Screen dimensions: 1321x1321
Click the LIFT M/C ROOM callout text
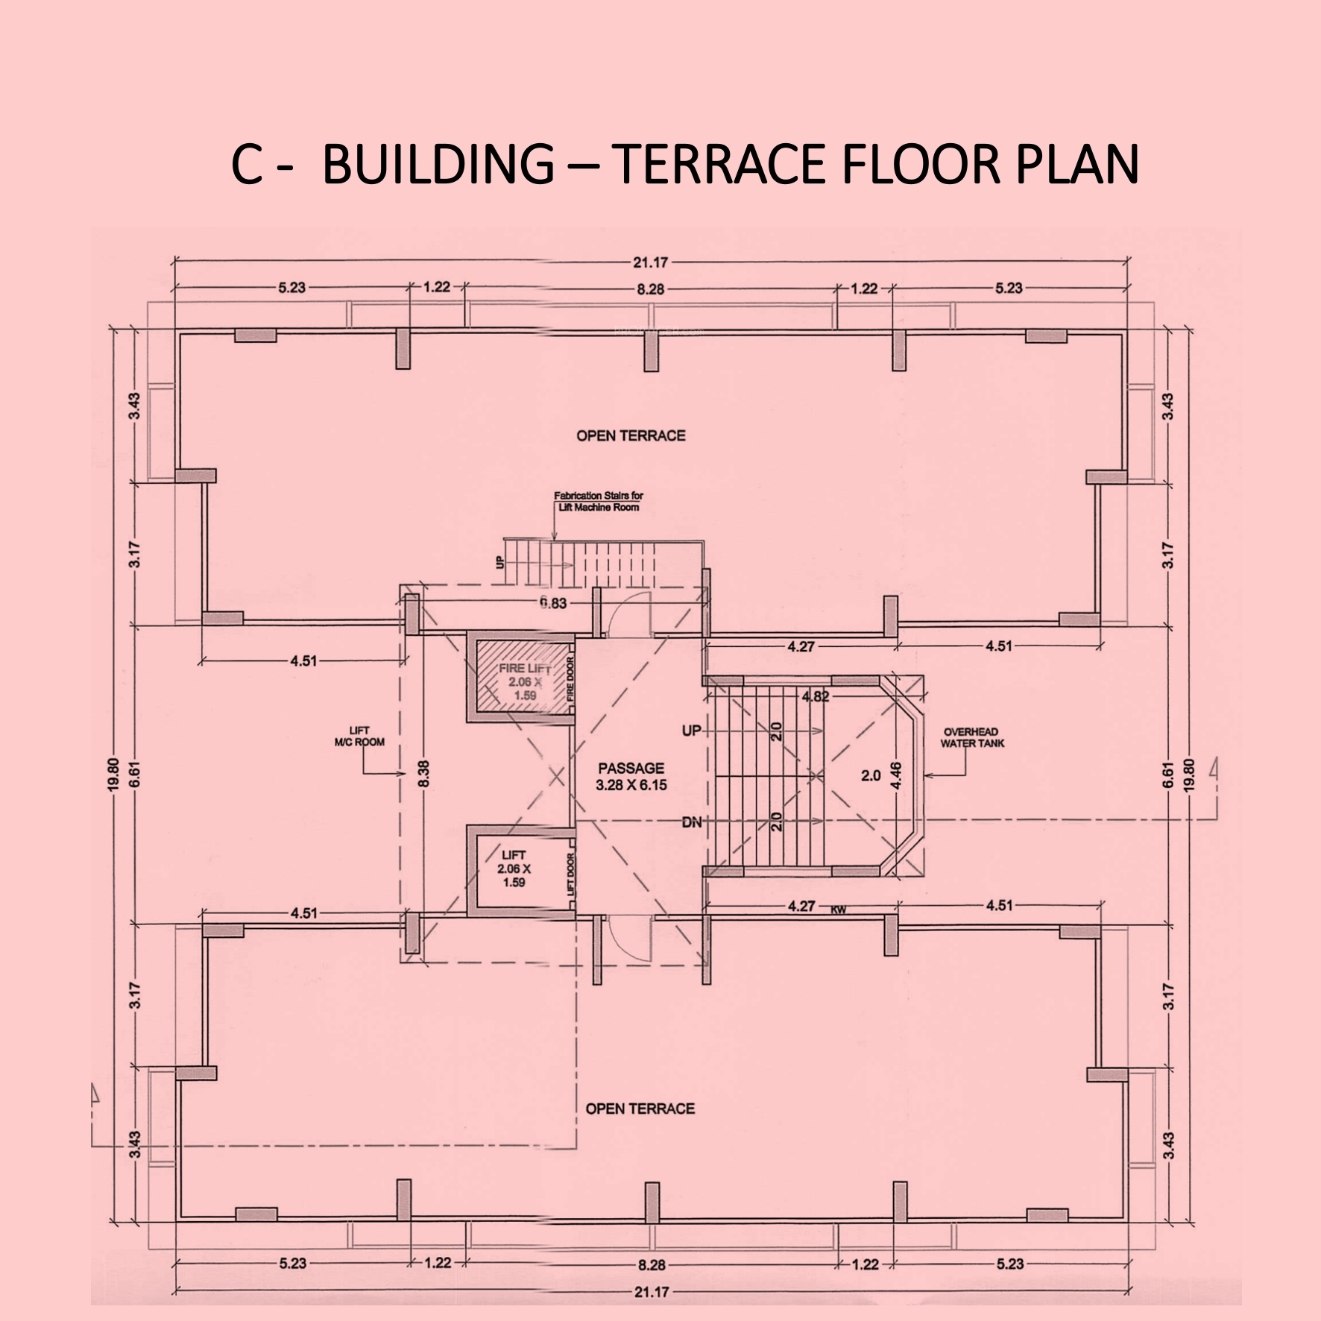pyautogui.click(x=359, y=737)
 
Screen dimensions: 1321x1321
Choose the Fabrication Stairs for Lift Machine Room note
pyautogui.click(x=598, y=501)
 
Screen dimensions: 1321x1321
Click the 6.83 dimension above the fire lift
pyautogui.click(x=553, y=603)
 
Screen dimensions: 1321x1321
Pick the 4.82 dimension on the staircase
pyautogui.click(x=816, y=698)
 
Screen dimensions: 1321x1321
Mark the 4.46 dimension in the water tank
pyautogui.click(x=897, y=775)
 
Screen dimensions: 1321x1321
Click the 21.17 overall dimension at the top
pyautogui.click(x=650, y=262)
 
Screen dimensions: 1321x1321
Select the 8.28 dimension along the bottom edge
pyautogui.click(x=651, y=1264)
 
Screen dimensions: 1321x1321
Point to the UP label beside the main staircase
pyautogui.click(x=691, y=731)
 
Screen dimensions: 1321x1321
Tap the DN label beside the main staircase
pyautogui.click(x=691, y=823)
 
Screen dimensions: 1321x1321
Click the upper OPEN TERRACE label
pyautogui.click(x=631, y=435)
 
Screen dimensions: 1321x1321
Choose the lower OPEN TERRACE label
pyautogui.click(x=640, y=1109)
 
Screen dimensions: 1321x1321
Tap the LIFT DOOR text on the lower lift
pyautogui.click(x=571, y=874)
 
